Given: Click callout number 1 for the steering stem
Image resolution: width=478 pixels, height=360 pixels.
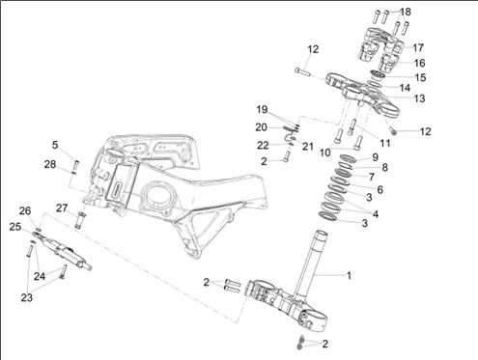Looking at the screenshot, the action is pyautogui.click(x=349, y=276).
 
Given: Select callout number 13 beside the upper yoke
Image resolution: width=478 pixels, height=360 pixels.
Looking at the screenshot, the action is pyautogui.click(x=419, y=98).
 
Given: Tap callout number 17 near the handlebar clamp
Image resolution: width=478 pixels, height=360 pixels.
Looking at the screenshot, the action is pyautogui.click(x=418, y=48).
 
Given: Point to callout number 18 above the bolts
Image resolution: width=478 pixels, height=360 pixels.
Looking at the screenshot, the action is pyautogui.click(x=406, y=12).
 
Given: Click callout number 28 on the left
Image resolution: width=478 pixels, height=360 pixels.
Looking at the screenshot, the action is pyautogui.click(x=50, y=165).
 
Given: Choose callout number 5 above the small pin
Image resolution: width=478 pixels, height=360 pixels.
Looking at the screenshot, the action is pyautogui.click(x=55, y=145).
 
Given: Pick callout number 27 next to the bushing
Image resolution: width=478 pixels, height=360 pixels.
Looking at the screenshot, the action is pyautogui.click(x=62, y=208).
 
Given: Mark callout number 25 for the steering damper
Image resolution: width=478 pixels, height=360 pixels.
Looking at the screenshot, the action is pyautogui.click(x=14, y=227).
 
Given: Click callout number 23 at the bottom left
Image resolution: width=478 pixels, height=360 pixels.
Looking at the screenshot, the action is pyautogui.click(x=27, y=297).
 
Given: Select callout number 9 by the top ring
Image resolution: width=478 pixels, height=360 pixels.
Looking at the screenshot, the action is pyautogui.click(x=375, y=157).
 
